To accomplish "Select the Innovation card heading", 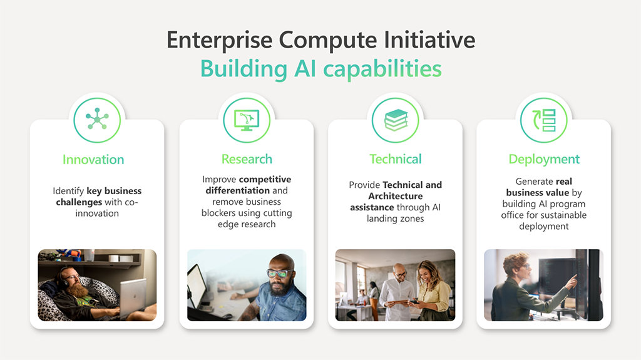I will tap(93, 160).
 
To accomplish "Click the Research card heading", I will tap(247, 159).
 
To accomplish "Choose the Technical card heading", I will tap(396, 159).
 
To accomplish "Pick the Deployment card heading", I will tap(544, 160).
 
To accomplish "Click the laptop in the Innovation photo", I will tap(133, 294).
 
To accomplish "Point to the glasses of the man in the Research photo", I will tap(279, 273).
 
